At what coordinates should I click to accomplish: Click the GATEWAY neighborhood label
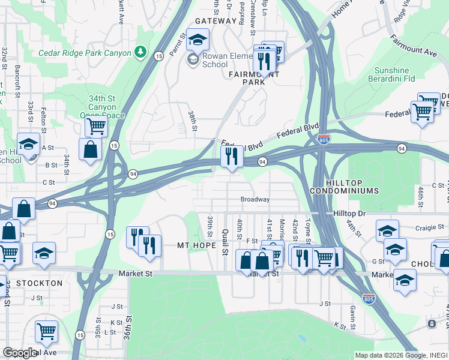[x=215, y=21]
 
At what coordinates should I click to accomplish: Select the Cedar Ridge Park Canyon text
[x=85, y=53]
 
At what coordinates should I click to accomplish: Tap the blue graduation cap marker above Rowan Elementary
[x=197, y=40]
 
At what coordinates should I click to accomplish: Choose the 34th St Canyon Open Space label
[x=102, y=107]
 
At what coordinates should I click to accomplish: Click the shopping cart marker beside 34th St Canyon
[x=96, y=127]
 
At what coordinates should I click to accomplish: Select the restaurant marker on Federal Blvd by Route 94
[x=232, y=157]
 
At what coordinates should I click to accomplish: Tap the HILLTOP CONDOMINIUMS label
[x=344, y=186]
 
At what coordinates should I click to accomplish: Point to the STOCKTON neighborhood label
[x=40, y=283]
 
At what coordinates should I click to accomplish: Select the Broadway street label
[x=255, y=199]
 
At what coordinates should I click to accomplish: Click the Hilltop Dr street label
[x=349, y=214]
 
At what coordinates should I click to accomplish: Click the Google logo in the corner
[x=20, y=353]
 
